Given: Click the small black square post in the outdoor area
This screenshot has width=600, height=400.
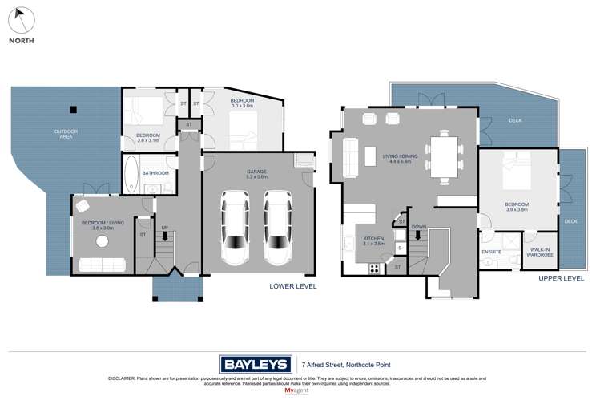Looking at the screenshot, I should coord(73,110).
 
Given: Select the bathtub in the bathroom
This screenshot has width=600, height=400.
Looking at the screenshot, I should coord(131,172).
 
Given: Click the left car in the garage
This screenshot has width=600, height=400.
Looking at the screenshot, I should coord(235,227).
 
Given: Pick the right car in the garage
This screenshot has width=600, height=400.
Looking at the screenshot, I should coord(277,227).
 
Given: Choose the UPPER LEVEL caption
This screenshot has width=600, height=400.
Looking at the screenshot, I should coord(562,278).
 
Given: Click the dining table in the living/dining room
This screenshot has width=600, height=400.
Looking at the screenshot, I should coord(443,156).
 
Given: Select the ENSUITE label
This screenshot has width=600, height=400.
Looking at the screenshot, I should coord(491,250).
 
